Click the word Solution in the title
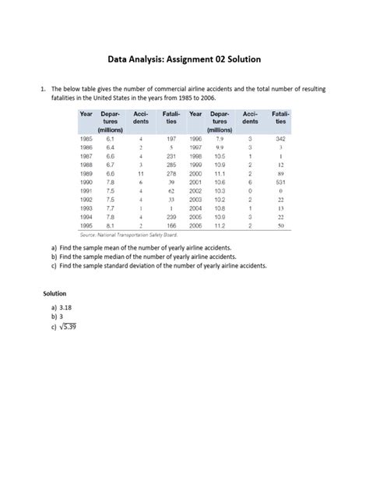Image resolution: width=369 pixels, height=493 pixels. click(240, 59)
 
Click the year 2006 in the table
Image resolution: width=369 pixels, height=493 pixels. click(195, 225)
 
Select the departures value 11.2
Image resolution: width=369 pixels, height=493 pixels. click(220, 225)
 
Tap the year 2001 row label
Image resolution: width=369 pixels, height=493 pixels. click(195, 182)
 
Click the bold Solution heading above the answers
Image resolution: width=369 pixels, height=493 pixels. click(56, 293)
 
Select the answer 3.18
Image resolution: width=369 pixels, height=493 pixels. click(67, 308)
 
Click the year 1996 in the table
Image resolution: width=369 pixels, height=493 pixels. click(195, 139)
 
